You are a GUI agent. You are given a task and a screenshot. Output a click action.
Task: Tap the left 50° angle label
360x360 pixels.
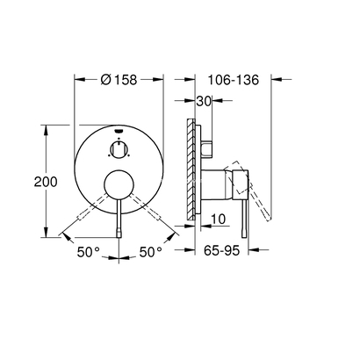[88, 252]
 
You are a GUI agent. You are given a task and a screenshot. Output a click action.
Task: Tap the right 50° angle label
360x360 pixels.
[150, 252]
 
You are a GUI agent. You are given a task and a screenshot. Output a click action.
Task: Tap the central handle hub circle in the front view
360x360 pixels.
[118, 185]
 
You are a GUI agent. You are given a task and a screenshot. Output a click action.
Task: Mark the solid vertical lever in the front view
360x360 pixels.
[118, 220]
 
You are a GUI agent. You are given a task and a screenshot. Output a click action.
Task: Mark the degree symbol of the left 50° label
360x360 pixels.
[99, 249]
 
